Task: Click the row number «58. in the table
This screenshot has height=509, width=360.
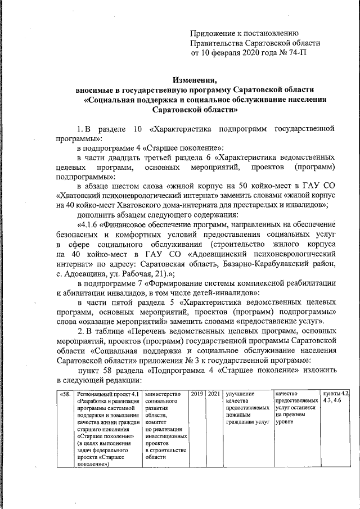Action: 65,394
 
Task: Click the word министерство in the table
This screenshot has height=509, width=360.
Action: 164,394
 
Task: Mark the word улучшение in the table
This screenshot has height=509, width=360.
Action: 240,394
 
